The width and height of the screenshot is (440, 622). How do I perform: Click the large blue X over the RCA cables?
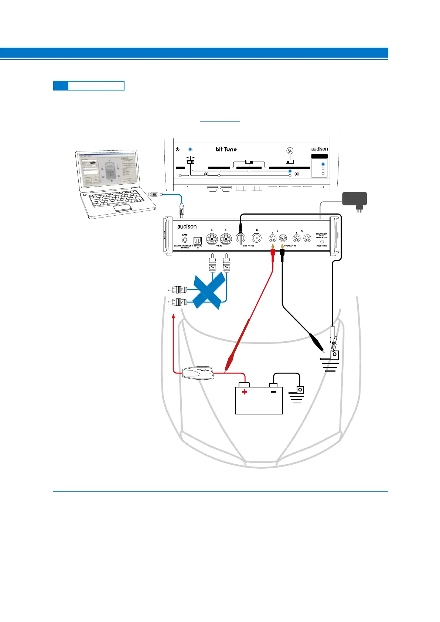[x=209, y=291]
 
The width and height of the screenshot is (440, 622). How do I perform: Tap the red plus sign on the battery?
[x=244, y=392]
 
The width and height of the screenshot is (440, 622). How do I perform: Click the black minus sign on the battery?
[x=274, y=392]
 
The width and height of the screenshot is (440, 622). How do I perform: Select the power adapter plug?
[x=355, y=199]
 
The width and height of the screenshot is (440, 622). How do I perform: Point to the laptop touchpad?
[x=123, y=208]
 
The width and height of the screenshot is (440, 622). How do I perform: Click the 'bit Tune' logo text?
[x=226, y=149]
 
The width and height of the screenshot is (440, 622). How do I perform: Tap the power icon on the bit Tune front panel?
[x=178, y=150]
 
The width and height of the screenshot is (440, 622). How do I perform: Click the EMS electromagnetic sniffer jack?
[x=185, y=240]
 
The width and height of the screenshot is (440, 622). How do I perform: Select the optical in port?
[x=198, y=240]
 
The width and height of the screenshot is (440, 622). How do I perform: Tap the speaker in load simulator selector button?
[x=322, y=242]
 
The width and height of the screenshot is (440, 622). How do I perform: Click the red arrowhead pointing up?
[x=173, y=316]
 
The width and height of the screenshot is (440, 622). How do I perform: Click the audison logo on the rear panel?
[x=187, y=226]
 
